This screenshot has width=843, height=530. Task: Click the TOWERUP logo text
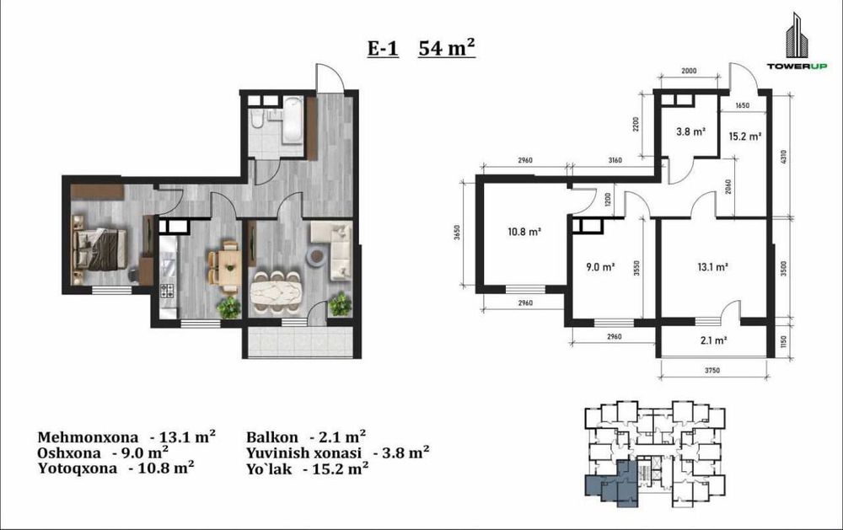797,66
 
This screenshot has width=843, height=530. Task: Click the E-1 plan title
383,48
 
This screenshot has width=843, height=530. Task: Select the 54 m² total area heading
446,47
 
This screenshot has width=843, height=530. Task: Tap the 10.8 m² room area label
524,233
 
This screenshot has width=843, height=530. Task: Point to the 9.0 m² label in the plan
600,266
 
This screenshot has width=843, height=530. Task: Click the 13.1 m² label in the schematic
712,266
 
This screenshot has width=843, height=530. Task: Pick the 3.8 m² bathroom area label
690,131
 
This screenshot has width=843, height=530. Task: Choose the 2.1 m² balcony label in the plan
713,340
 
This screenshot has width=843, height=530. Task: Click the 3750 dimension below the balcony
712,371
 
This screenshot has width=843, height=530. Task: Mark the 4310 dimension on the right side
783,157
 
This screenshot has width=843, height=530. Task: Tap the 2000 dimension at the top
689,71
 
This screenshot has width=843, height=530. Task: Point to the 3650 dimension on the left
457,233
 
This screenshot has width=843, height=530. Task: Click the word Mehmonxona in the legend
88,437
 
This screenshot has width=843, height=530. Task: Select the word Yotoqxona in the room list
77,468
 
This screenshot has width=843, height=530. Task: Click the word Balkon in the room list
272,437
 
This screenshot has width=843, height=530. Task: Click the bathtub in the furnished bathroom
293,120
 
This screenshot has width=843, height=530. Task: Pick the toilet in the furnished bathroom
256,120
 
